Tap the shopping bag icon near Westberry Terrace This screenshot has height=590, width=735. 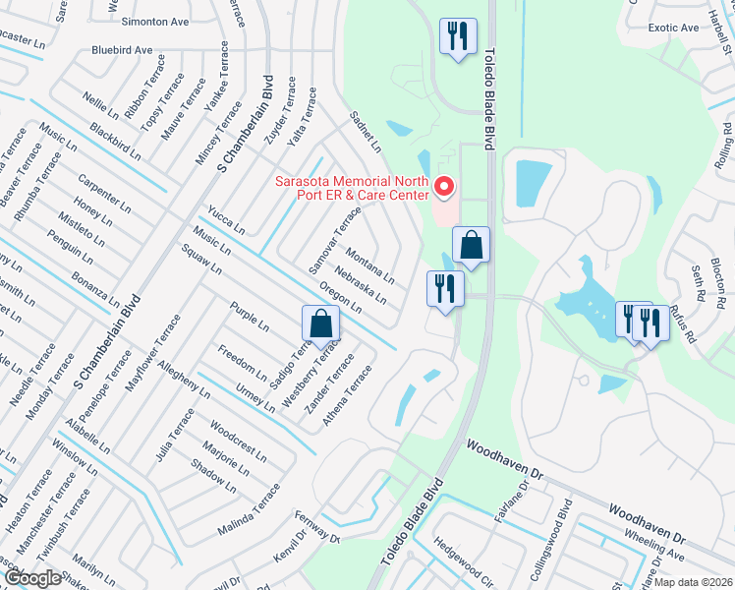320,324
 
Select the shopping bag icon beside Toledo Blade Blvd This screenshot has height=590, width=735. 472,246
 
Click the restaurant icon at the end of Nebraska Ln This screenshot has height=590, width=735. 444,289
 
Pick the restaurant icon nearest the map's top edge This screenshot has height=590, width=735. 457,37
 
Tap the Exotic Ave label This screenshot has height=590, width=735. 673,28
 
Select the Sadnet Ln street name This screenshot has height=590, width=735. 366,132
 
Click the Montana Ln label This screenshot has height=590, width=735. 368,265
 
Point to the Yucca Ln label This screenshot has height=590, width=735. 226,220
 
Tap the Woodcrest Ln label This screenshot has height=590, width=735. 238,441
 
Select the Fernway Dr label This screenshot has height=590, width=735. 314,532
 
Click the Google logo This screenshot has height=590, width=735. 32,578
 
